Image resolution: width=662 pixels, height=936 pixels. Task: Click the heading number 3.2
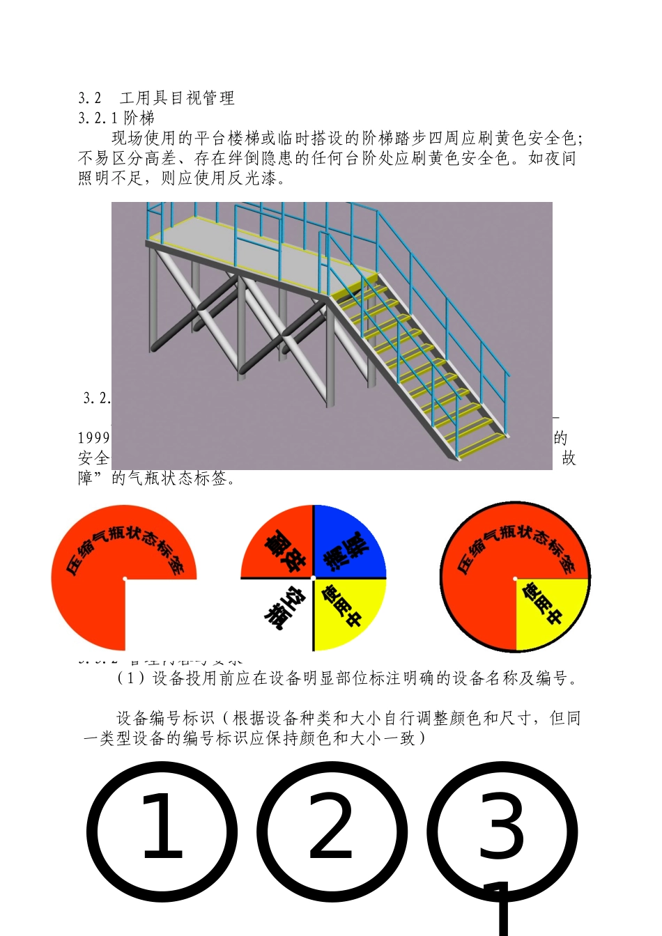(90, 98)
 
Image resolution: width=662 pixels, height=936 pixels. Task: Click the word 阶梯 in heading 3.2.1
(139, 118)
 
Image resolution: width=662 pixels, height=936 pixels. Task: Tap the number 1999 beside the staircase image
(93, 438)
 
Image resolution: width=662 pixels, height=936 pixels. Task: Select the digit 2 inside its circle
(331, 829)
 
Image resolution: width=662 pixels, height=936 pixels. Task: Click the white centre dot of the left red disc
(125, 579)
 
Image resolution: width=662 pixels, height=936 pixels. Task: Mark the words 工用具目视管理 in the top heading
(177, 98)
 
